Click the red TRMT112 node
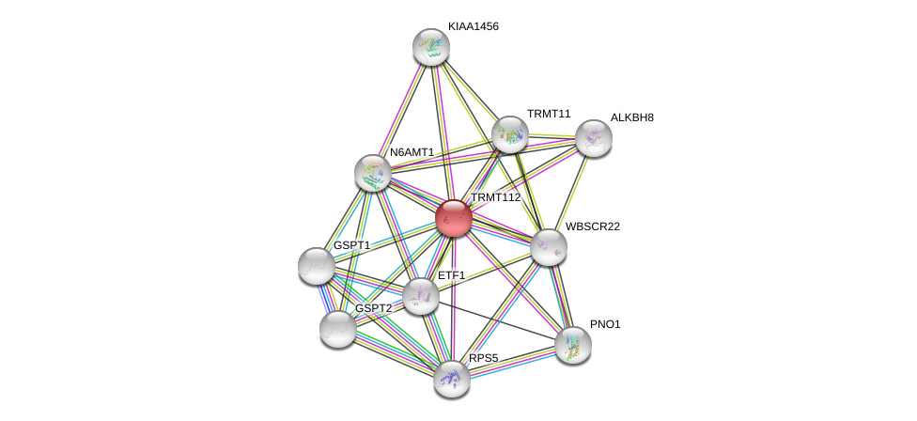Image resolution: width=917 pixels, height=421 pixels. (x=454, y=218)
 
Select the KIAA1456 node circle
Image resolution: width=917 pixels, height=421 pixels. (x=431, y=47)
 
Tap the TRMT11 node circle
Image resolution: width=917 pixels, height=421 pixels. (x=509, y=134)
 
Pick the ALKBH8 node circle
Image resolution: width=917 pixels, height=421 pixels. (x=593, y=138)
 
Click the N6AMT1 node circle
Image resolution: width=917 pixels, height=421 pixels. (x=373, y=172)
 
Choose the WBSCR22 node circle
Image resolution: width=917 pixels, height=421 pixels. (x=549, y=247)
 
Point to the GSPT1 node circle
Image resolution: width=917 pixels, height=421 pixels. (x=317, y=265)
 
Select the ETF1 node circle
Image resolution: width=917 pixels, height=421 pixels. (x=421, y=296)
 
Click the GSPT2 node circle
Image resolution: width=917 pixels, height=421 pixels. (x=338, y=329)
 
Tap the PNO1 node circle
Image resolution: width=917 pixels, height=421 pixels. (x=572, y=344)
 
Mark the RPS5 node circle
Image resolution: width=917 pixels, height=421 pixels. (x=452, y=378)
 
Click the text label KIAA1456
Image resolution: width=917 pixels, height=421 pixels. (x=474, y=26)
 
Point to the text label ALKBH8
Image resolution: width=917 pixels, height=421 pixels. (x=631, y=117)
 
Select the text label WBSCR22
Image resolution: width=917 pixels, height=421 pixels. (x=593, y=226)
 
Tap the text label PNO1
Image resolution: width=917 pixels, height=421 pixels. (x=605, y=324)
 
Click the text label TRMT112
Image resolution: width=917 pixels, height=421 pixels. (x=495, y=197)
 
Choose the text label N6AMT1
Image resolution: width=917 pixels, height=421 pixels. (x=412, y=152)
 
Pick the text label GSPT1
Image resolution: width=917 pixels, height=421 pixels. (x=351, y=245)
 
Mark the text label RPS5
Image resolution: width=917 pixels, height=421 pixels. (x=484, y=358)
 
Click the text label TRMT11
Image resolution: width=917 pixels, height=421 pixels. (x=549, y=114)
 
